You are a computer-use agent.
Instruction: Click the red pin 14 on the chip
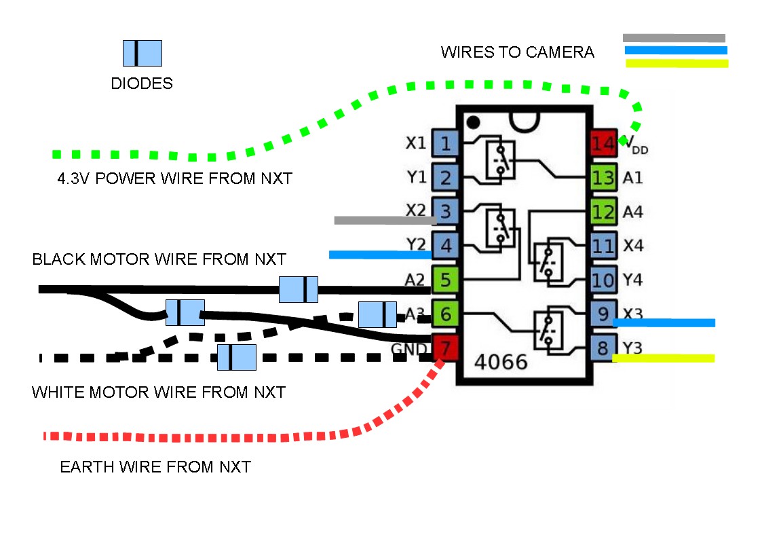tap(603, 143)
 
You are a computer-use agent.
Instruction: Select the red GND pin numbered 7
tap(445, 349)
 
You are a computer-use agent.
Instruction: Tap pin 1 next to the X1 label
tap(445, 143)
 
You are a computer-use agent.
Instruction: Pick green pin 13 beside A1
tap(603, 178)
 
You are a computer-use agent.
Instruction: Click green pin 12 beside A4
tap(603, 212)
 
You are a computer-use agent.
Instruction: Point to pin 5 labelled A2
tap(445, 280)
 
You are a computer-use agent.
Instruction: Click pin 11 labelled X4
tap(603, 246)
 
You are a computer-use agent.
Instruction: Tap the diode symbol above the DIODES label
tap(142, 53)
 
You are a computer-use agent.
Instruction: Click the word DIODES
tap(142, 83)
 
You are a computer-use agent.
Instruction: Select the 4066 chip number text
tap(501, 362)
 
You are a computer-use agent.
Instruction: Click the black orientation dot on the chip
tap(474, 122)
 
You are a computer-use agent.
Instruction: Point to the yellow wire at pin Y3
tap(664, 358)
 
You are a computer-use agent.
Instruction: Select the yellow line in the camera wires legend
tap(677, 64)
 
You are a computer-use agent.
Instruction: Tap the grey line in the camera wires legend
tap(674, 38)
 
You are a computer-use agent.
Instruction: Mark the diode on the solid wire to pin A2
tap(299, 289)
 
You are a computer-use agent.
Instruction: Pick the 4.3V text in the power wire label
tap(77, 179)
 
